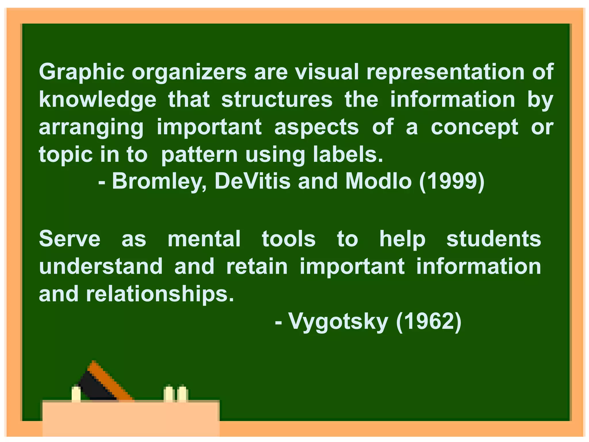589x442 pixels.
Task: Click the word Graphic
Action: tap(82, 72)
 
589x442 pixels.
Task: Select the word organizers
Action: tap(189, 72)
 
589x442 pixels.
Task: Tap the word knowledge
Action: tap(97, 100)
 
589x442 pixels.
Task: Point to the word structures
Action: tap(277, 100)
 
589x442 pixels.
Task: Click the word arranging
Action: tap(91, 127)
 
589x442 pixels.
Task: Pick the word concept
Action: tap(474, 127)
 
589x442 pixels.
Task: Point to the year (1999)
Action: tap(452, 182)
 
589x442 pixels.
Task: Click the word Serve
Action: tap(70, 239)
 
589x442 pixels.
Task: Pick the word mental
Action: tap(204, 239)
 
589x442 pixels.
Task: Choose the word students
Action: tap(494, 239)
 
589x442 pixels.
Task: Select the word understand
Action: tap(101, 266)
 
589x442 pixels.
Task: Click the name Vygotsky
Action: tap(338, 322)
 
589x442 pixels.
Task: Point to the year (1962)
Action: tap(429, 322)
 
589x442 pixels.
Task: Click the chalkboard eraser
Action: tap(104, 383)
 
